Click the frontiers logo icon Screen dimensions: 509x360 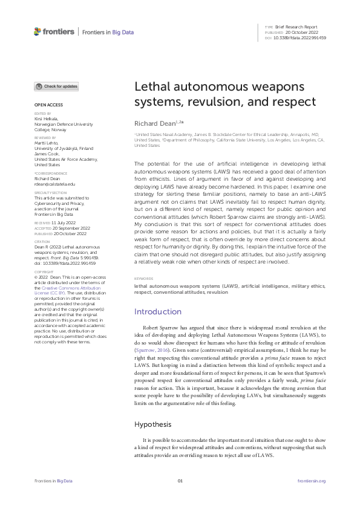pyautogui.click(x=38, y=31)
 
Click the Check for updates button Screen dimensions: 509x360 pyautogui.click(x=56, y=86)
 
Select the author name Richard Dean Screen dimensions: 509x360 pyautogui.click(x=154, y=123)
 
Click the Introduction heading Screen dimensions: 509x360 pyautogui.click(x=157, y=311)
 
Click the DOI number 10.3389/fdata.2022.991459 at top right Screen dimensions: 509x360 pyautogui.click(x=301, y=37)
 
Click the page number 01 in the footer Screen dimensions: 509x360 pyautogui.click(x=180, y=481)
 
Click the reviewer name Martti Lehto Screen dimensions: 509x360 pyautogui.click(x=48, y=141)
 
